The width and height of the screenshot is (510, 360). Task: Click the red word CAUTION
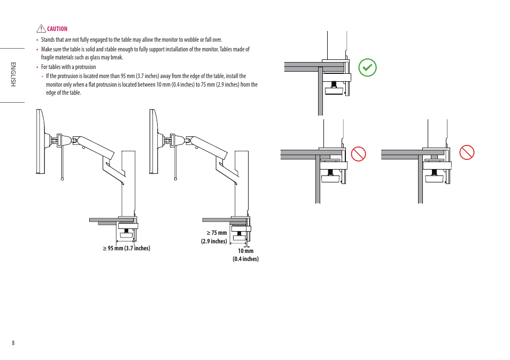tap(57, 29)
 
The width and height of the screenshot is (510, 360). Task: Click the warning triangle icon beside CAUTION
tap(41, 29)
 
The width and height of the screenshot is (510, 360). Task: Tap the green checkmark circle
tap(367, 68)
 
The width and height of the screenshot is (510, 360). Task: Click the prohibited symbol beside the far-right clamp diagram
tap(467, 152)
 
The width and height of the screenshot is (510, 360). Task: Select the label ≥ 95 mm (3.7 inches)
tap(127, 248)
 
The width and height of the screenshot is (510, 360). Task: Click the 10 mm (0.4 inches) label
tap(245, 255)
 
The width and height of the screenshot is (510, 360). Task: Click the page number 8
tap(13, 343)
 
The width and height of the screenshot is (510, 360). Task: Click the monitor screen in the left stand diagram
tap(40, 142)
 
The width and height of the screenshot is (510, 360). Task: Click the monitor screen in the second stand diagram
tap(152, 142)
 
